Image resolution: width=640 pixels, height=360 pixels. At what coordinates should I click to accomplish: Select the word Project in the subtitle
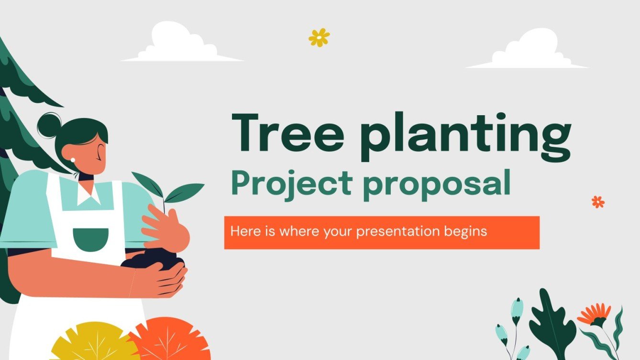[291, 184]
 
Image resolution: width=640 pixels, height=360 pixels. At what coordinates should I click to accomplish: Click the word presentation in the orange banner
[397, 232]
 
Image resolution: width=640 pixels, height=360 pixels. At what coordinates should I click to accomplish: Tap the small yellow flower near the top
[319, 37]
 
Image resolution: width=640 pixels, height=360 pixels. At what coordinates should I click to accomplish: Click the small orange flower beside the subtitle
[598, 202]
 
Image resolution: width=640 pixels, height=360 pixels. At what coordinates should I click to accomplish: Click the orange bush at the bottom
[170, 339]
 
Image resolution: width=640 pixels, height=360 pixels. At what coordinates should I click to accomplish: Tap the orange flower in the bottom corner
[594, 315]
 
